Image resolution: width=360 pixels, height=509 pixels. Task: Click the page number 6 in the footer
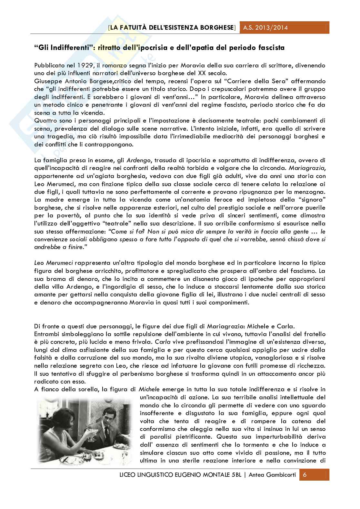pyautogui.click(x=305, y=476)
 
